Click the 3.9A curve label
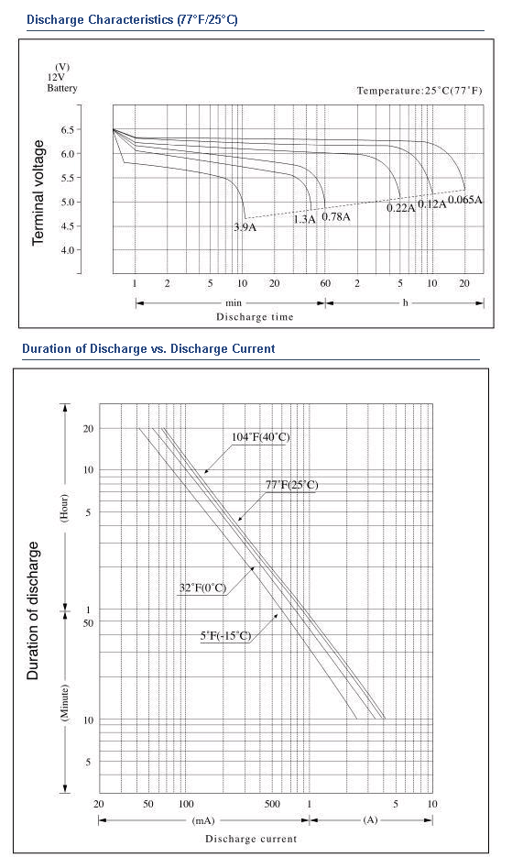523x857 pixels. [x=245, y=227]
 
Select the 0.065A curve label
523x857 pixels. [x=465, y=200]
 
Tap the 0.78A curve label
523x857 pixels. [x=336, y=216]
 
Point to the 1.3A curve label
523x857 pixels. [x=305, y=219]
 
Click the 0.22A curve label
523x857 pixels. [x=401, y=208]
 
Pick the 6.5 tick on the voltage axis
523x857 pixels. [x=67, y=130]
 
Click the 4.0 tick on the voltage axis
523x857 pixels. [x=67, y=250]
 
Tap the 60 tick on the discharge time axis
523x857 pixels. [x=325, y=283]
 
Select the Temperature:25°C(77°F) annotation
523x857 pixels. [x=419, y=90]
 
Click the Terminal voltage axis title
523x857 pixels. [x=38, y=192]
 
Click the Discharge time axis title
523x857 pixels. [x=255, y=317]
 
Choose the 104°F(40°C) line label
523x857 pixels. [x=261, y=436]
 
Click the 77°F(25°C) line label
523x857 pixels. [x=291, y=485]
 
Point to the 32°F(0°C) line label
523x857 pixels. [x=202, y=588]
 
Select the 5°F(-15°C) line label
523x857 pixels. [x=225, y=635]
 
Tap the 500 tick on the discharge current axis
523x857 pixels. [x=272, y=804]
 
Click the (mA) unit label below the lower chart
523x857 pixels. [x=203, y=820]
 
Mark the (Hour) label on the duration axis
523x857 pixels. [x=64, y=509]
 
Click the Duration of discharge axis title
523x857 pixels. [x=33, y=610]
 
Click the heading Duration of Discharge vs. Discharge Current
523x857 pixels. [x=148, y=348]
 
